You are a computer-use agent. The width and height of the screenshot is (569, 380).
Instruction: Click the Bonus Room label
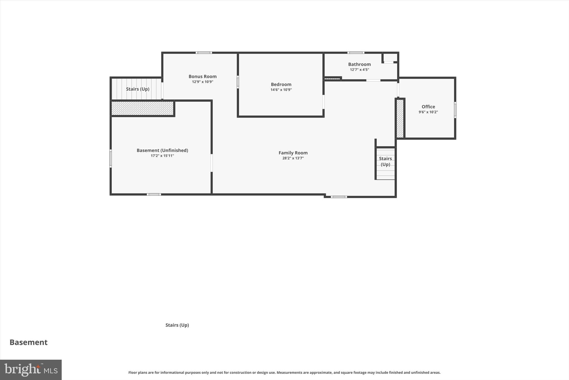pos(203,76)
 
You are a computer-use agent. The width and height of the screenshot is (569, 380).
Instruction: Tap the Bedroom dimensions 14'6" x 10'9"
pos(281,90)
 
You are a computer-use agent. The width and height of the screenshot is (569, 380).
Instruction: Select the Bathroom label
pos(359,64)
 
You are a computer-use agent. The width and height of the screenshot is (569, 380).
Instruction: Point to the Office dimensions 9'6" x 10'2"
pos(428,112)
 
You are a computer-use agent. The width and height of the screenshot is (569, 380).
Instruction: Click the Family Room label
pos(293,153)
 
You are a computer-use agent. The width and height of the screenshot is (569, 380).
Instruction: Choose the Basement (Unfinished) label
pos(162,150)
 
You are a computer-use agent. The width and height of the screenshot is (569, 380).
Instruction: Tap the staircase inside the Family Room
pos(385,164)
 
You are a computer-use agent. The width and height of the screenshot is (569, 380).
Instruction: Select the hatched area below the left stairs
pos(142,108)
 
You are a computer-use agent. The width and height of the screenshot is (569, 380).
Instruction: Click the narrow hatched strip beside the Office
pos(400,119)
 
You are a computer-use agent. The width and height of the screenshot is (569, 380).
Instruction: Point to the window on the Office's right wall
pos(455,110)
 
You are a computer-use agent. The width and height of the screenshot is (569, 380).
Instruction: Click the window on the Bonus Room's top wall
pos(204,53)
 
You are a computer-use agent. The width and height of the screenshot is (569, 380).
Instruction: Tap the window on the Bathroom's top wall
pos(356,53)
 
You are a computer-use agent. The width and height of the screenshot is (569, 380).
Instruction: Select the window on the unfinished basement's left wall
pos(111,158)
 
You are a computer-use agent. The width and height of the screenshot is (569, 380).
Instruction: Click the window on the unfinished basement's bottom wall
pos(154,194)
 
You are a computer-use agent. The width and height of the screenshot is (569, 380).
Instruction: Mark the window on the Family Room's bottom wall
pos(339,197)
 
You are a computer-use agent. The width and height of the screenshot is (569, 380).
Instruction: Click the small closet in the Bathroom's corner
pos(390,57)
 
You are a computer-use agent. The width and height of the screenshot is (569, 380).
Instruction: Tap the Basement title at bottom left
pos(29,342)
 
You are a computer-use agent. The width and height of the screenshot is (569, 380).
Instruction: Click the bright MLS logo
pos(31,370)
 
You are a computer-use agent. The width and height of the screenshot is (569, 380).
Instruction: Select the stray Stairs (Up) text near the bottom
pos(177,325)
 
